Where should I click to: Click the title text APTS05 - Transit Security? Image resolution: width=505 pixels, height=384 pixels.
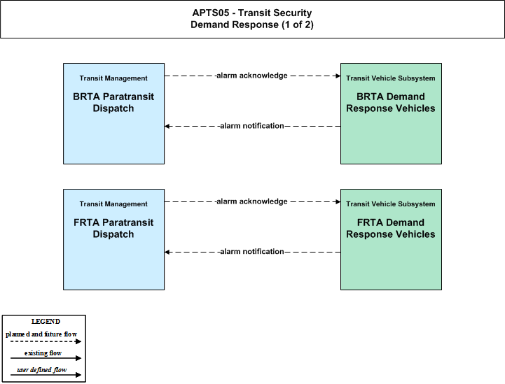(252, 13)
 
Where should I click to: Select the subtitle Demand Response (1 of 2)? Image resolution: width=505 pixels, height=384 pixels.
(252, 24)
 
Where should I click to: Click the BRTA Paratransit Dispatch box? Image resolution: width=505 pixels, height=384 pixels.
(113, 113)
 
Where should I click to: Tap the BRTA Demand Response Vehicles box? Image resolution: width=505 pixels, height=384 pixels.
(391, 113)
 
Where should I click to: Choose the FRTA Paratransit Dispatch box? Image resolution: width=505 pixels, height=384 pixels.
(113, 240)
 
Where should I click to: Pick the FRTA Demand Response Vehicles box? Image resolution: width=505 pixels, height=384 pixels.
(391, 240)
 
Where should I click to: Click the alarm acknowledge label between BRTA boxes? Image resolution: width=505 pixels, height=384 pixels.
(252, 76)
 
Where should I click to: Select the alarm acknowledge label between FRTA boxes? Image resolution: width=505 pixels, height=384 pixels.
(252, 201)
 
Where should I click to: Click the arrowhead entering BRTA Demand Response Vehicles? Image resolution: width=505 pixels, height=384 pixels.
(338, 76)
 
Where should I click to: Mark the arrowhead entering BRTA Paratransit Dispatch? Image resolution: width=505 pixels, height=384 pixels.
(167, 126)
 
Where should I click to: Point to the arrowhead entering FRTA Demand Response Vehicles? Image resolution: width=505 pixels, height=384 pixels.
(338, 201)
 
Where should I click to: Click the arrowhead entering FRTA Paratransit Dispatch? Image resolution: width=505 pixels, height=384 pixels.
(167, 252)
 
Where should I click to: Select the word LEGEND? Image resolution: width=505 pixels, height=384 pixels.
(46, 322)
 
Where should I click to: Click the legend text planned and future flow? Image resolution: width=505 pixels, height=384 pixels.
(41, 334)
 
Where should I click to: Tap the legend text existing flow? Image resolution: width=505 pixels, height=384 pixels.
(43, 353)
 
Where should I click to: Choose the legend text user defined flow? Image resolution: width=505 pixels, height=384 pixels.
(42, 370)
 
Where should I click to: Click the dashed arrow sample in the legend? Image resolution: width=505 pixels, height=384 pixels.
(46, 341)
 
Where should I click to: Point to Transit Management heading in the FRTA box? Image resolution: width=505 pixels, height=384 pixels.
(113, 204)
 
